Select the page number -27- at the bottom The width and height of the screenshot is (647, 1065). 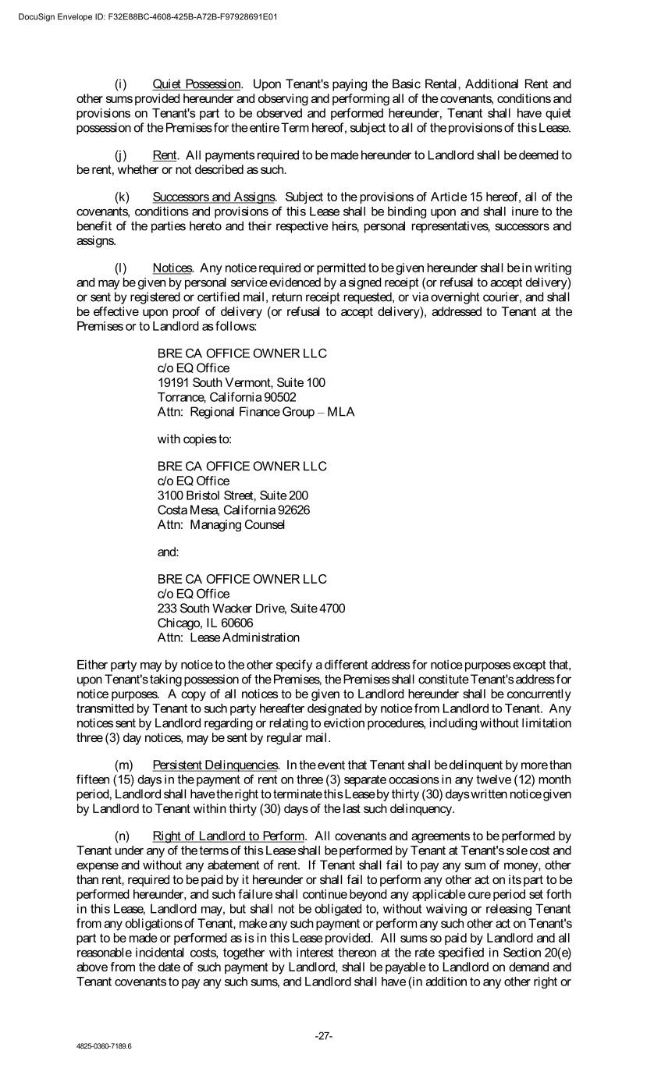pyautogui.click(x=324, y=1036)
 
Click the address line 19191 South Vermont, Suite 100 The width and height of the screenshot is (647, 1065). pyautogui.click(x=241, y=382)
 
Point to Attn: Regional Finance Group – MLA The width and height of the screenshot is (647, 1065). pyautogui.click(x=256, y=411)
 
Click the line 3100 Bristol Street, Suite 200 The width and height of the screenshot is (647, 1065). pyautogui.click(x=233, y=495)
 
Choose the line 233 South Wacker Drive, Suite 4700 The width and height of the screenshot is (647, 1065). pyautogui.click(x=251, y=609)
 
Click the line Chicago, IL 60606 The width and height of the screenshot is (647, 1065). pyautogui.click(x=205, y=623)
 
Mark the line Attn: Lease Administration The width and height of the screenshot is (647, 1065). pyautogui.click(x=228, y=637)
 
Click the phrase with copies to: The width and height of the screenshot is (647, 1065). pyautogui.click(x=194, y=438)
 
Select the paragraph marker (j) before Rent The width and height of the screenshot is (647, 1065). pyautogui.click(x=121, y=154)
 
